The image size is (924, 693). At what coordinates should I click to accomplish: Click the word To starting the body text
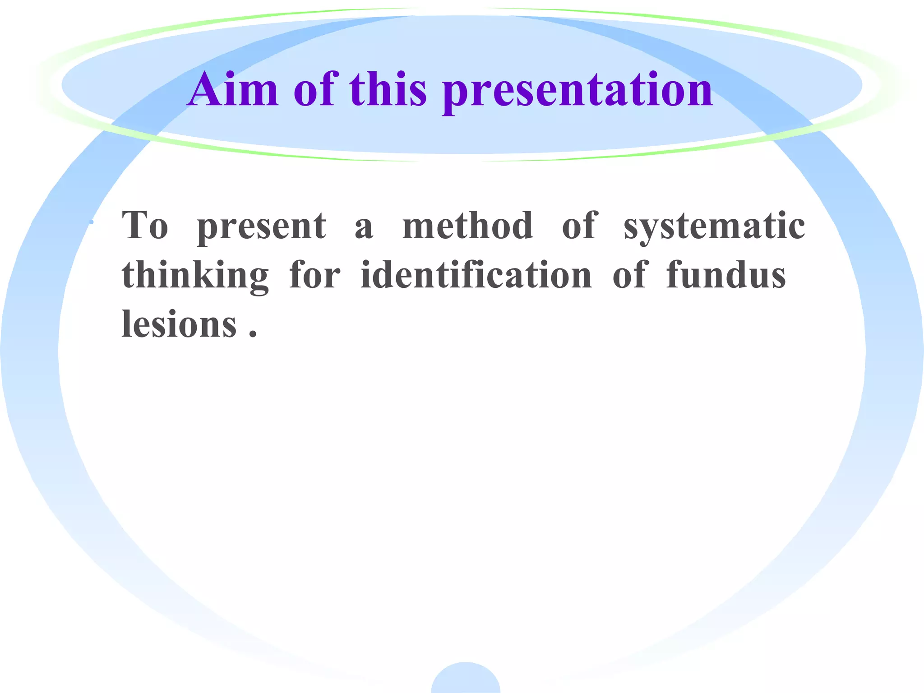[x=145, y=225]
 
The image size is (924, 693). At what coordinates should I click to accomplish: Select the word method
[x=467, y=225]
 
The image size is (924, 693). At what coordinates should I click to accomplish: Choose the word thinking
[x=195, y=276]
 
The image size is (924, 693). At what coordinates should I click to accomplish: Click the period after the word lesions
[x=253, y=334]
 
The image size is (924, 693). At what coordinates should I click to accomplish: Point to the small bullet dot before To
[x=92, y=222]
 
